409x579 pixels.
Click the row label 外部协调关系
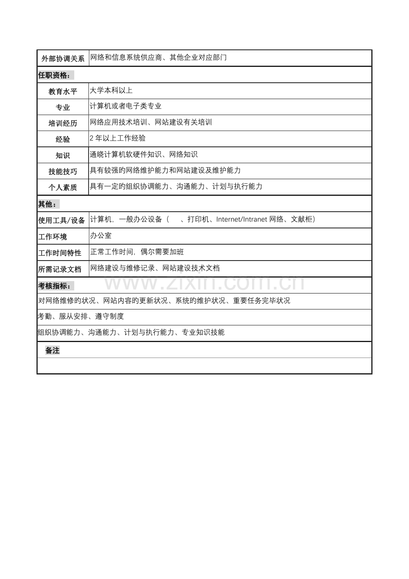(63, 59)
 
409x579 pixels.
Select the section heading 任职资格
(56, 75)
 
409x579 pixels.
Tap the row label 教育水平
(63, 92)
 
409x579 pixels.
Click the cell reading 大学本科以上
(111, 90)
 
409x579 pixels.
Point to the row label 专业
(63, 108)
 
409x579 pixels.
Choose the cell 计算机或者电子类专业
(125, 106)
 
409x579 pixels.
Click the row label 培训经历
(63, 124)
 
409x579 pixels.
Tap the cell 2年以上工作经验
(118, 138)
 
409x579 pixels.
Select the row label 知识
(63, 156)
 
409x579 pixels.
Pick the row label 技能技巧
(63, 172)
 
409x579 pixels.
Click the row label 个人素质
(63, 188)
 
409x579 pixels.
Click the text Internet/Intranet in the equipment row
(242, 219)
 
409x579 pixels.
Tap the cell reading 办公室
(100, 236)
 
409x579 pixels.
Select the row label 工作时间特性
(60, 253)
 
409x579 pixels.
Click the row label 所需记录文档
(60, 269)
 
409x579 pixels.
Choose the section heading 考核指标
(56, 285)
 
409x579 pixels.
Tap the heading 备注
(52, 350)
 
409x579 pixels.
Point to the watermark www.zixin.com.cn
(204, 282)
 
